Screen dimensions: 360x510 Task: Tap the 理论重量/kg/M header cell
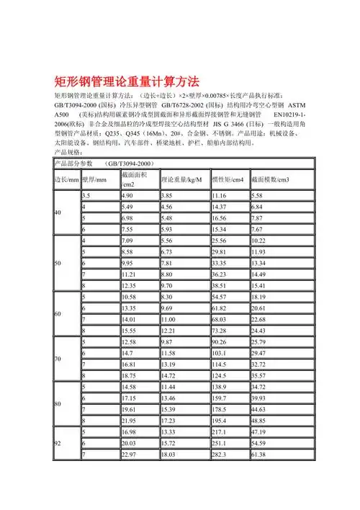[x=181, y=179]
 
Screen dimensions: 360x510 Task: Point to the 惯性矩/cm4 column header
[x=228, y=179]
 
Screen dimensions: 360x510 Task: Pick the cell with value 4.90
[x=127, y=195]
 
